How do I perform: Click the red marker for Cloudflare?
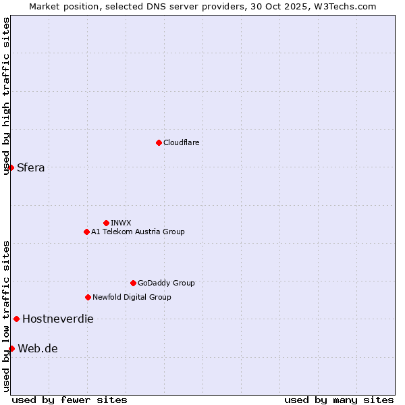(159, 142)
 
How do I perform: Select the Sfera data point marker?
(11, 167)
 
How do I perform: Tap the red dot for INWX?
(106, 223)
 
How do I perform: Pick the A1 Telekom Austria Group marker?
(86, 232)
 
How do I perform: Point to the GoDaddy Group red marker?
(133, 283)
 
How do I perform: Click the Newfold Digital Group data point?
(88, 297)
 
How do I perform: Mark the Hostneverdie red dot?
(16, 319)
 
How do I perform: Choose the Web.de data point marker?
(11, 348)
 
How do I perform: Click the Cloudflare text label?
(182, 142)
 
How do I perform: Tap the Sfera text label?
(31, 167)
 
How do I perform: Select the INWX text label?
(121, 223)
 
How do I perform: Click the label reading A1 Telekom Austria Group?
(138, 232)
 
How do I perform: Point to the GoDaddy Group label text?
(166, 283)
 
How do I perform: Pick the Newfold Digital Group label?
(132, 297)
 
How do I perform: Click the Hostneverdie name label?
(58, 319)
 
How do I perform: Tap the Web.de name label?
(38, 348)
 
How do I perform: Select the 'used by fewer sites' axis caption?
(70, 400)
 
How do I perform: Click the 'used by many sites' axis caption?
(339, 400)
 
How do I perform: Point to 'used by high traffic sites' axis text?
(6, 96)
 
